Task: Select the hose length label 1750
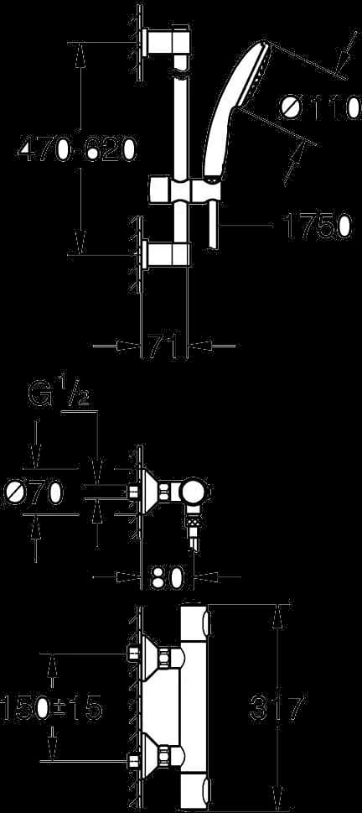pos(316,227)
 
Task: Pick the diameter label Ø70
pos(33,492)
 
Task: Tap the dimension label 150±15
pos(51,706)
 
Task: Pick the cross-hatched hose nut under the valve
pos(192,523)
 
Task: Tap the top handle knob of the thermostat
pos(208,623)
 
